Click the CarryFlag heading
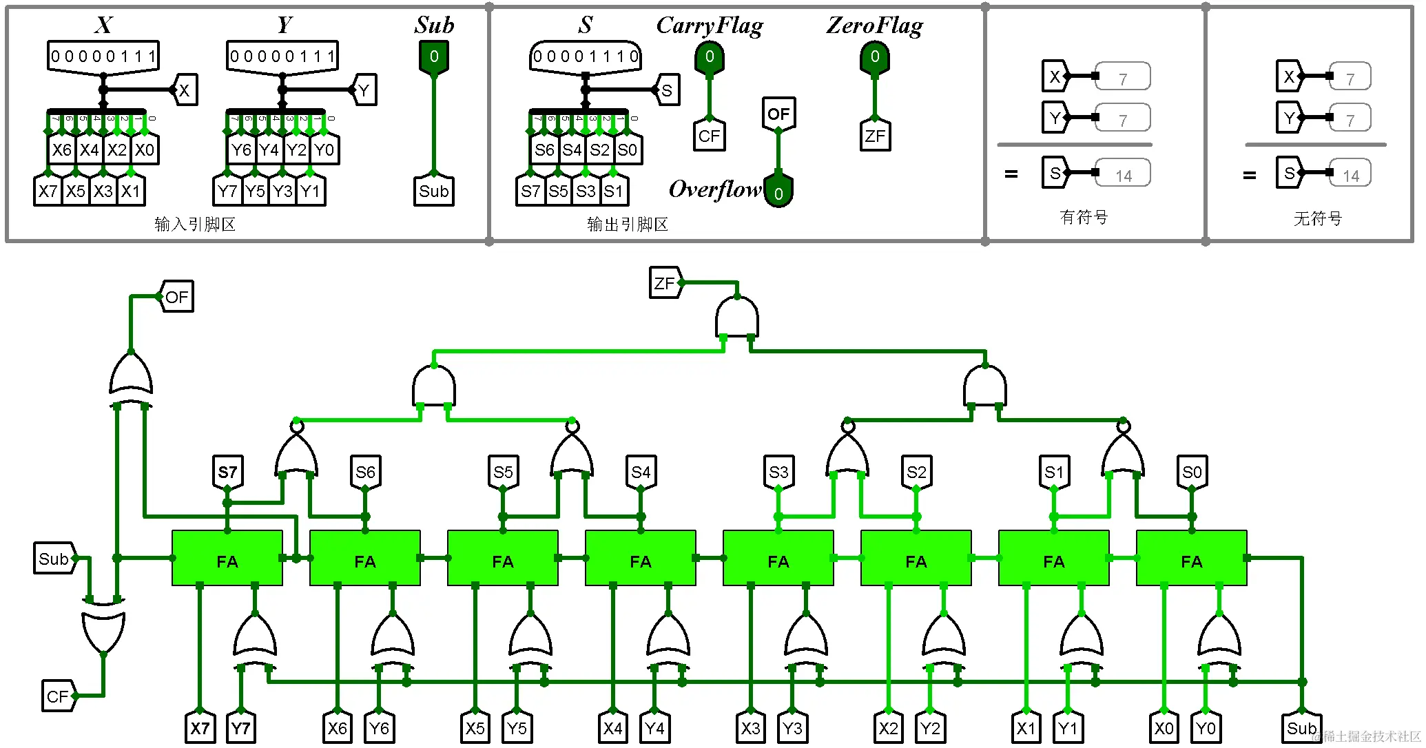(709, 26)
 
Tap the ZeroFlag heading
(874, 26)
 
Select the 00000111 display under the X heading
(103, 56)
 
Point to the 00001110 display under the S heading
(586, 56)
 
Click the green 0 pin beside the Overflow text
(778, 192)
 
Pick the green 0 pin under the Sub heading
(434, 57)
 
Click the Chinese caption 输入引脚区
(195, 224)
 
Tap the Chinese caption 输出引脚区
(627, 224)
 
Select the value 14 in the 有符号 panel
(1123, 176)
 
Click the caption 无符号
(1317, 219)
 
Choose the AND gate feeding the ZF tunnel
(737, 318)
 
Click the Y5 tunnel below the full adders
(517, 728)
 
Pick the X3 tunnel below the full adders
(751, 728)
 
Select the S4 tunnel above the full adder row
(641, 472)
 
